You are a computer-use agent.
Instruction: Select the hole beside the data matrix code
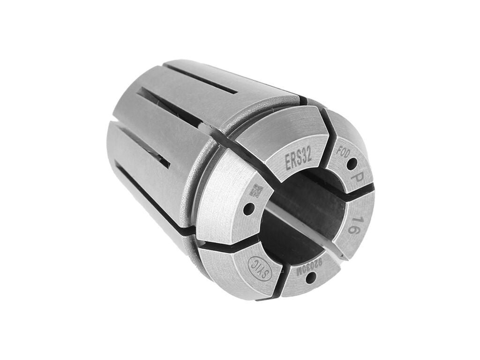tap(248, 207)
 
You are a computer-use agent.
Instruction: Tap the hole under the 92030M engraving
tap(310, 278)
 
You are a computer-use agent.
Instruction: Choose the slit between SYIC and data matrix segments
tap(225, 246)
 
